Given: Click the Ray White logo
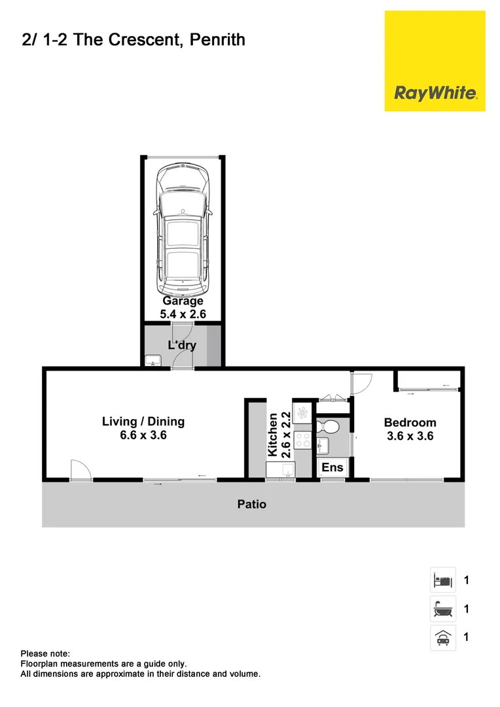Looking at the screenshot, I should (x=435, y=92).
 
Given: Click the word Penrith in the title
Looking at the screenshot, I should (x=219, y=40).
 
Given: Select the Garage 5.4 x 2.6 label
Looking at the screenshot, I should (x=183, y=308).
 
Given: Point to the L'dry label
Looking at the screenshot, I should (x=183, y=345).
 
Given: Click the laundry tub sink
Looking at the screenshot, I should (x=152, y=359).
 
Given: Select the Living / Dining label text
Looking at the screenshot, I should (x=143, y=428).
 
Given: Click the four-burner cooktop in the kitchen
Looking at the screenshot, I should (x=303, y=441).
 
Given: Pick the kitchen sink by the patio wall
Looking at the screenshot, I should (x=281, y=469).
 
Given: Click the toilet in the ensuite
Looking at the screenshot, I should (x=328, y=427).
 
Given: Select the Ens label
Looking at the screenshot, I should (x=332, y=467).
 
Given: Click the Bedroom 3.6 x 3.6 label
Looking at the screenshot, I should (x=410, y=429).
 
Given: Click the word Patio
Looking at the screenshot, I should (x=252, y=505).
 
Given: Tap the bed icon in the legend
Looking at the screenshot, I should (x=442, y=580).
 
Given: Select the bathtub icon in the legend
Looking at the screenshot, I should (x=442, y=609).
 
